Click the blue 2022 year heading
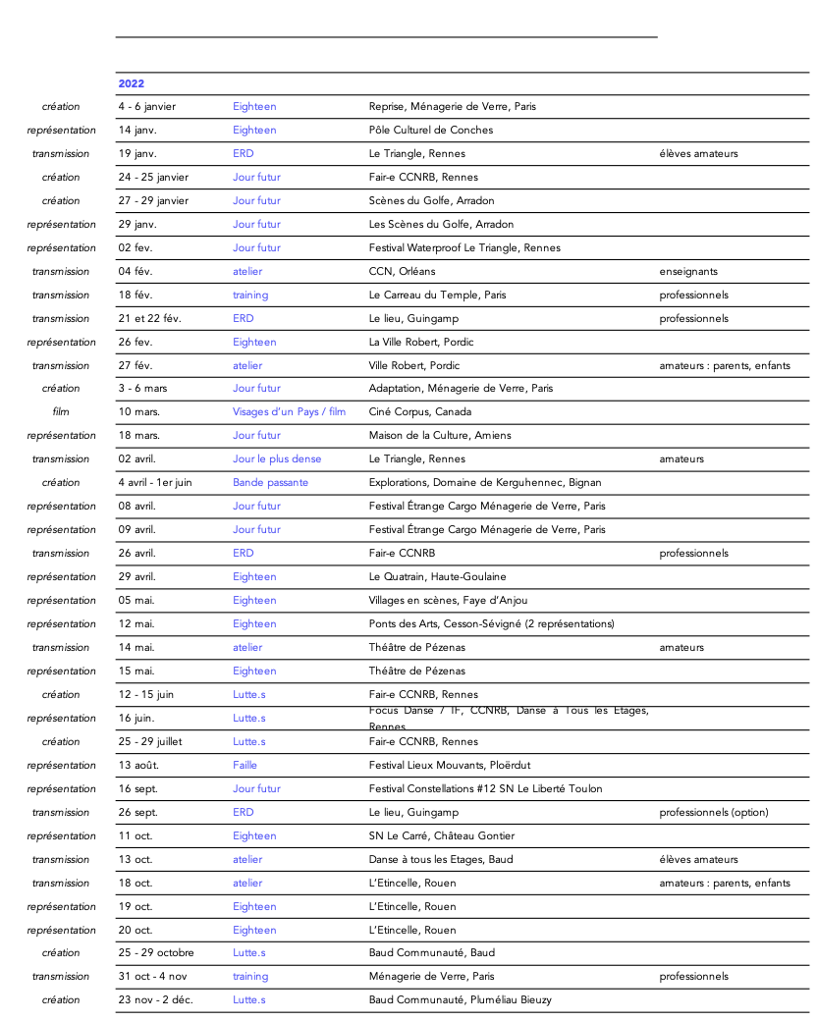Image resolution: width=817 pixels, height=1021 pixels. coord(131,84)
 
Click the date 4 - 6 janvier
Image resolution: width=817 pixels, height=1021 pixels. coord(146,107)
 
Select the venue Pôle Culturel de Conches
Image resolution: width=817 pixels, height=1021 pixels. coord(431,131)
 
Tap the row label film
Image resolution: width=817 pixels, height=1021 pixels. coord(61,412)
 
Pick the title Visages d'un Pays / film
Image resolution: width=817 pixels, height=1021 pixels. coord(289,412)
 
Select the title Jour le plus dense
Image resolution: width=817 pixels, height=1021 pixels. coord(277,459)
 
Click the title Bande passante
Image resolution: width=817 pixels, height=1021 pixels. coord(270,483)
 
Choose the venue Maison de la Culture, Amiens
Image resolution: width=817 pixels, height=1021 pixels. coord(440,436)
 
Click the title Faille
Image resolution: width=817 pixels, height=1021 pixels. coord(245,766)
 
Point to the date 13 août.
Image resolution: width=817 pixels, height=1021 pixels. coord(138,766)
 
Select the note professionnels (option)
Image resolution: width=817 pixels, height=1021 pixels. coord(714,813)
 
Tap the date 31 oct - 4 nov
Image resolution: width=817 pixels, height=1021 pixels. coord(152,977)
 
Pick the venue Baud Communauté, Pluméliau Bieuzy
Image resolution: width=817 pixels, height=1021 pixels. coord(460,1000)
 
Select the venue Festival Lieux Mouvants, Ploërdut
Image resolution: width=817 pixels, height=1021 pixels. coord(450,766)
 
